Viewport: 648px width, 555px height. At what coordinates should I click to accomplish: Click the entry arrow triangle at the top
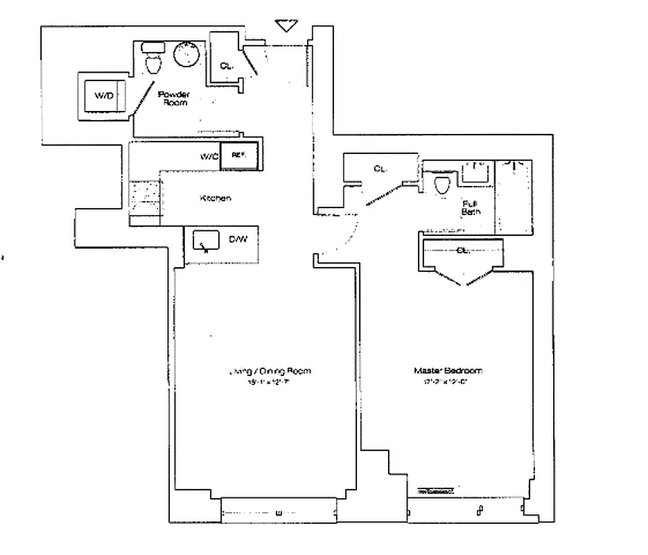point(285,26)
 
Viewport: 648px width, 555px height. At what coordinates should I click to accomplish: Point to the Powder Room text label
point(173,98)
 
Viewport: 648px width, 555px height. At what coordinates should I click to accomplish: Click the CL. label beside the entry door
point(226,66)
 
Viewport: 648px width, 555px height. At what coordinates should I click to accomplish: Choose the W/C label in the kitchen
point(209,157)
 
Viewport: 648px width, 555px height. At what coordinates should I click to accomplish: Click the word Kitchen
point(215,198)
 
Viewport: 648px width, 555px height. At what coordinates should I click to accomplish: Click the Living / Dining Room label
point(270,371)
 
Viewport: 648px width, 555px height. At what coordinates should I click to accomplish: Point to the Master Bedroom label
point(448,370)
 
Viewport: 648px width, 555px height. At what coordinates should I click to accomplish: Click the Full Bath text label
point(471,207)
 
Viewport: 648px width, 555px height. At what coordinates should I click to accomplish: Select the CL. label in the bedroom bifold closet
point(462,250)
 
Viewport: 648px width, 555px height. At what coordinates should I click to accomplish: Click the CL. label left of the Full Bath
point(380,169)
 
